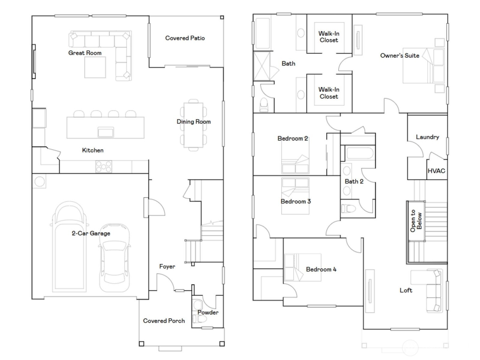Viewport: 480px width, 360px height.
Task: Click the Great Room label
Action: click(x=85, y=53)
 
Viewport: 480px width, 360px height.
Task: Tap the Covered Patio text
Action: click(x=185, y=38)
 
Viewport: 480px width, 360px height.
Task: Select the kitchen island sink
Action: click(x=106, y=132)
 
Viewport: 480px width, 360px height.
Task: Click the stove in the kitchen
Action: click(x=103, y=166)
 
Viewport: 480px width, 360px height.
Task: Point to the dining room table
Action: click(x=193, y=124)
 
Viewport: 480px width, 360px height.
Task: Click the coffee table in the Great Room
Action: click(x=95, y=67)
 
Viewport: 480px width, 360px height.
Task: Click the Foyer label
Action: click(x=167, y=266)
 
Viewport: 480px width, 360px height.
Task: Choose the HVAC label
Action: click(x=436, y=171)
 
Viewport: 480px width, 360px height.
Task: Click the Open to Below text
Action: click(x=416, y=221)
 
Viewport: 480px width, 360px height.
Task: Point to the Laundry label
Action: click(x=427, y=137)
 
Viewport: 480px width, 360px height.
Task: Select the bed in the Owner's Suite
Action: click(x=423, y=66)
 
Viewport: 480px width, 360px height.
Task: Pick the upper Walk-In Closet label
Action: click(x=329, y=37)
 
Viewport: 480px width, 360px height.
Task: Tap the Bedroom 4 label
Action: click(x=321, y=269)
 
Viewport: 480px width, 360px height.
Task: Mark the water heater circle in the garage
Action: click(x=40, y=181)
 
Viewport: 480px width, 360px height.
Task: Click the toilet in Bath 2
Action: click(x=349, y=208)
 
